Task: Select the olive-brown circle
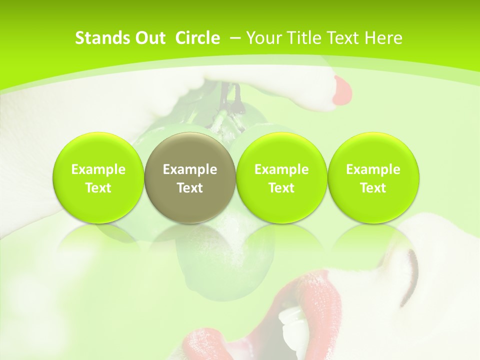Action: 189,177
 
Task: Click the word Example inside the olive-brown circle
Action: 190,169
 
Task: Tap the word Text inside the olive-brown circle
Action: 190,188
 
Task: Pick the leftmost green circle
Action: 98,177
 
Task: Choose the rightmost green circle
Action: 373,177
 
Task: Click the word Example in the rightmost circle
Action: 373,169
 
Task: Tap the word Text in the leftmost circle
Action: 98,188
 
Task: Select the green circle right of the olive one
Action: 281,177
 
